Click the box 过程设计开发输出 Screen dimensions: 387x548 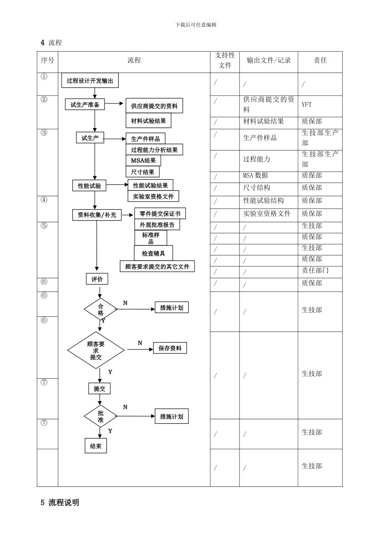(90, 81)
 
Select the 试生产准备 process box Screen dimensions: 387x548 (85, 104)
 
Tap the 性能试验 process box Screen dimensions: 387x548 (89, 186)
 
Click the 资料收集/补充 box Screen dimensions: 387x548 (97, 214)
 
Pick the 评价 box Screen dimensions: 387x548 (97, 279)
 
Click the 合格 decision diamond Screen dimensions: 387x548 (101, 309)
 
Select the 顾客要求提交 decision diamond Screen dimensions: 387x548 (96, 350)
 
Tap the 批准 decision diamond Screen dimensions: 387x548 (101, 416)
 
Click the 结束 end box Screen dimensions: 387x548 (96, 446)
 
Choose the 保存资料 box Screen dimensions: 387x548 (170, 348)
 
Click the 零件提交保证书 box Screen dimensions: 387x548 (160, 213)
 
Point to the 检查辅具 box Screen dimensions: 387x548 (153, 253)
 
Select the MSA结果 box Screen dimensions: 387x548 (143, 161)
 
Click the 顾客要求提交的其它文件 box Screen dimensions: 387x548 (157, 267)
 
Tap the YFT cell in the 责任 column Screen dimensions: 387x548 (307, 104)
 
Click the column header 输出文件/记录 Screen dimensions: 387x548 (268, 60)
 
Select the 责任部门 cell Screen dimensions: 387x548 (315, 270)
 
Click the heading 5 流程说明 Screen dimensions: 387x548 (60, 503)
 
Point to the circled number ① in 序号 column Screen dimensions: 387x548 (44, 77)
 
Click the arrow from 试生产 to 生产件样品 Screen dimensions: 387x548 (114, 139)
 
